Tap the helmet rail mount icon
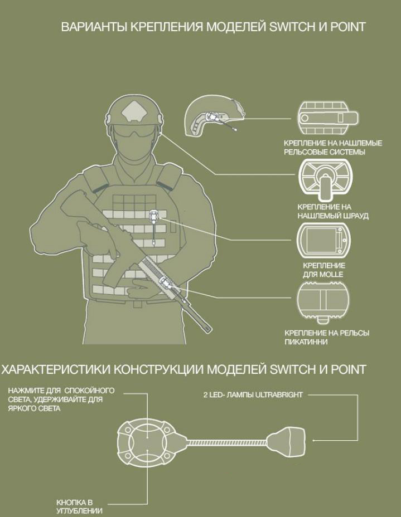pyautogui.click(x=328, y=118)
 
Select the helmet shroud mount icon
pyautogui.click(x=325, y=180)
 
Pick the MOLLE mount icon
pyautogui.click(x=323, y=240)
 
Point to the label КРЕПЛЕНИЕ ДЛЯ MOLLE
pyautogui.click(x=324, y=270)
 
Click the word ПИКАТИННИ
pyautogui.click(x=306, y=342)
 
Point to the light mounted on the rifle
pyautogui.click(x=165, y=283)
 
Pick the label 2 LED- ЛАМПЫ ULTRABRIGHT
pyautogui.click(x=253, y=394)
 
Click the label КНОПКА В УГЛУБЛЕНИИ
pyautogui.click(x=79, y=507)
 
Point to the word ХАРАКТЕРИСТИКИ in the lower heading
pyautogui.click(x=55, y=369)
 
